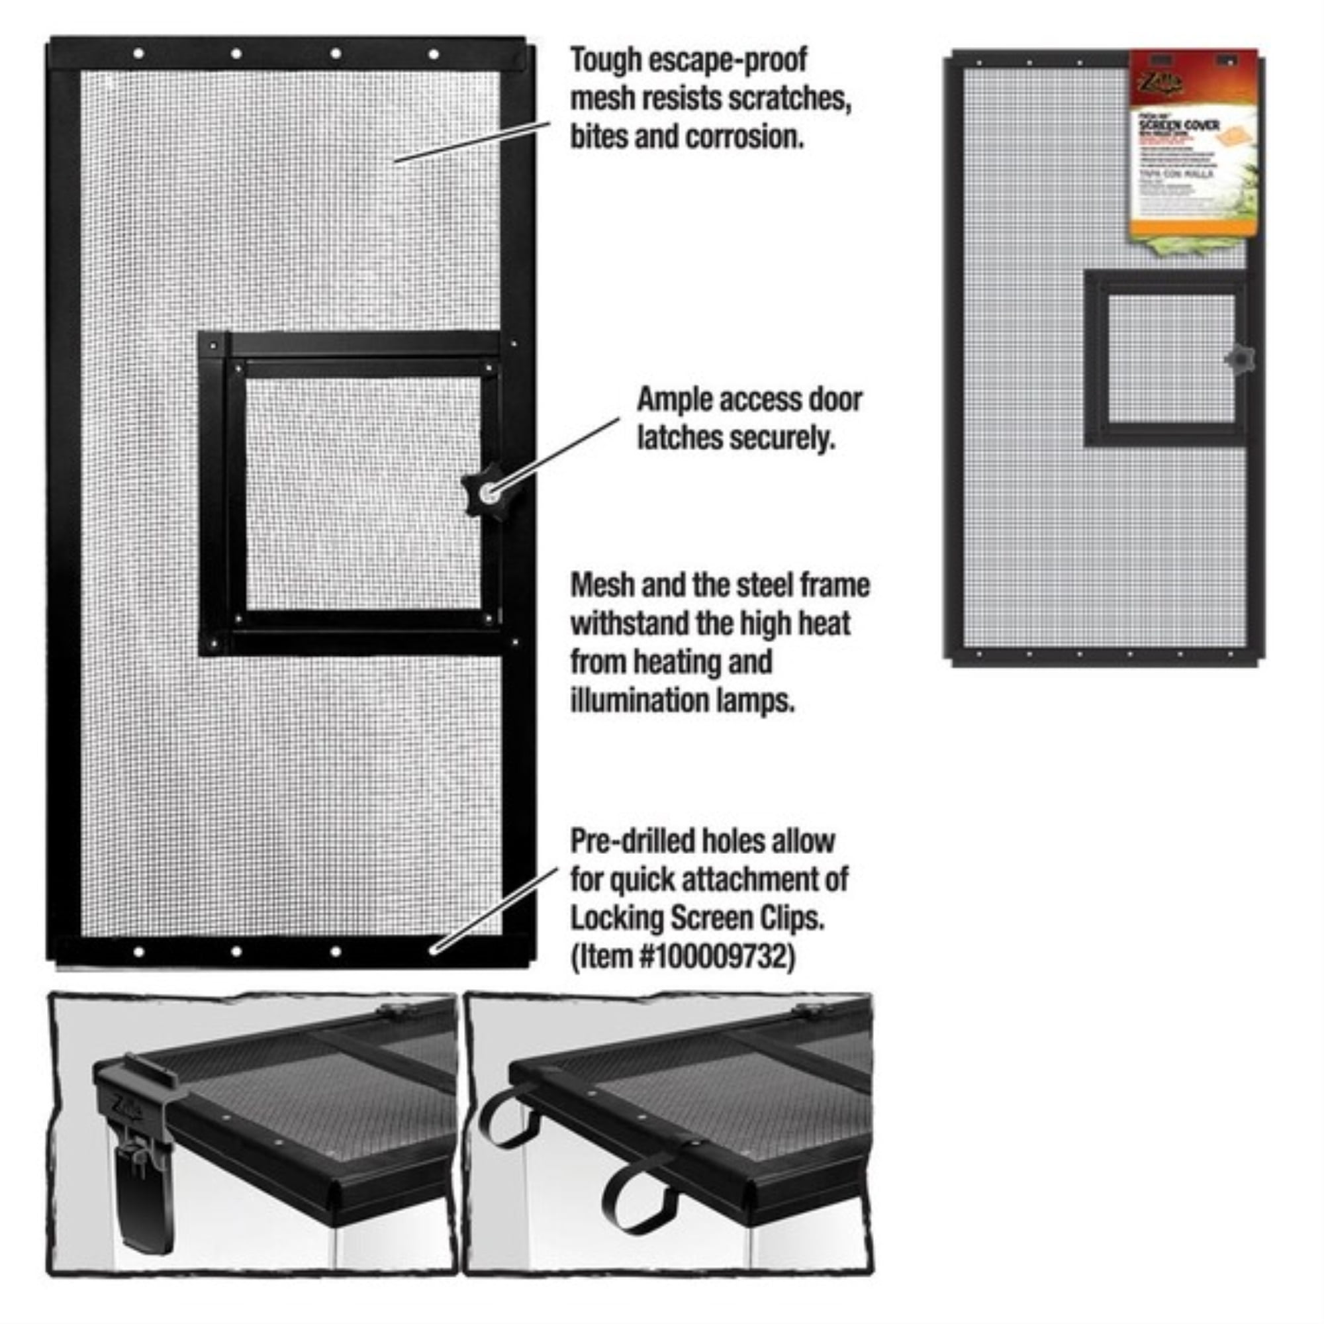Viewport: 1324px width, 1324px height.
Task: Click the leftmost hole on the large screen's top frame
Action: click(139, 54)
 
